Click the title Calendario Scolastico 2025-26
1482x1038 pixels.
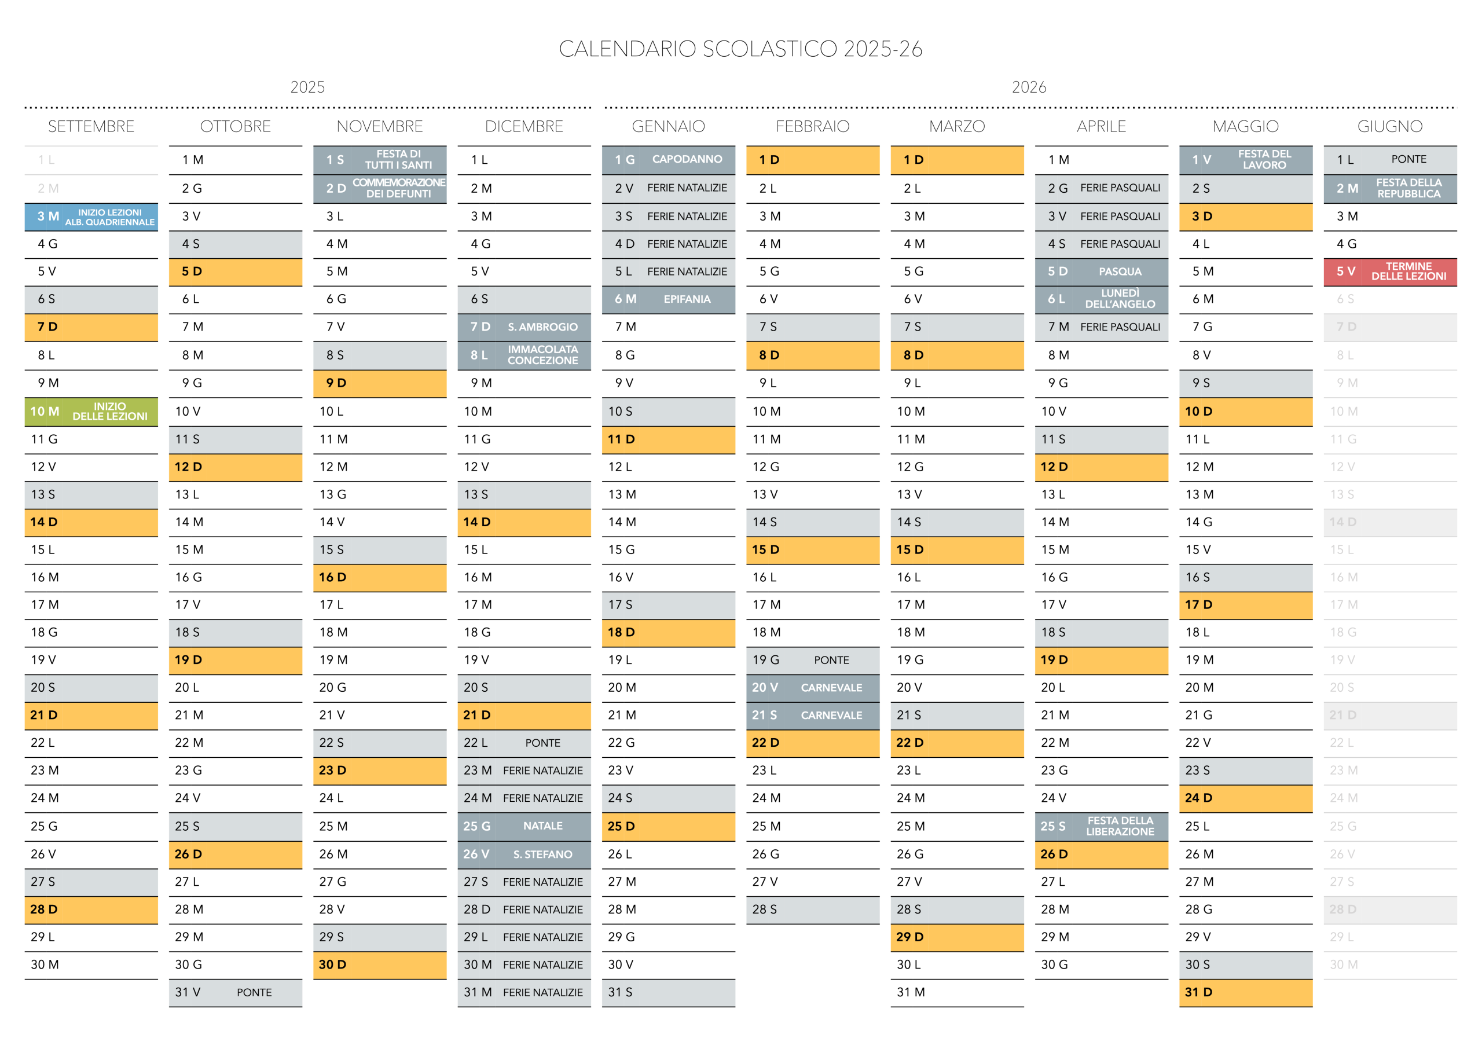740,49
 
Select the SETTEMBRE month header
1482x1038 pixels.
91,127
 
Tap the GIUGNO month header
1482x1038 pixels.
1390,127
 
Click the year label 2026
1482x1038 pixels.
1029,87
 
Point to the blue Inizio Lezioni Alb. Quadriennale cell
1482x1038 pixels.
91,217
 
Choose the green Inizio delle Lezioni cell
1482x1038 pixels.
91,411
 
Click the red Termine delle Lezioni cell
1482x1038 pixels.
1390,272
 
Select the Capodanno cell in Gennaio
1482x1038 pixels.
668,159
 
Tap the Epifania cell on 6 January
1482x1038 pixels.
668,299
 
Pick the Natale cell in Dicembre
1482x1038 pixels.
524,826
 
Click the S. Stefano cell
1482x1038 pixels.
524,854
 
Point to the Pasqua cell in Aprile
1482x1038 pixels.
1101,272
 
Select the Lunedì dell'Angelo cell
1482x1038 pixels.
1101,299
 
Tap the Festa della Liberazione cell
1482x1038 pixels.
1101,826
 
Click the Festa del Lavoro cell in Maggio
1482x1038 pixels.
1246,159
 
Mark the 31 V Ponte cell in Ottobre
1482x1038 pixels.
236,993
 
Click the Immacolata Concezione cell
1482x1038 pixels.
524,355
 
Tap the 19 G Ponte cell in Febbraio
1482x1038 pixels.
813,661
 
